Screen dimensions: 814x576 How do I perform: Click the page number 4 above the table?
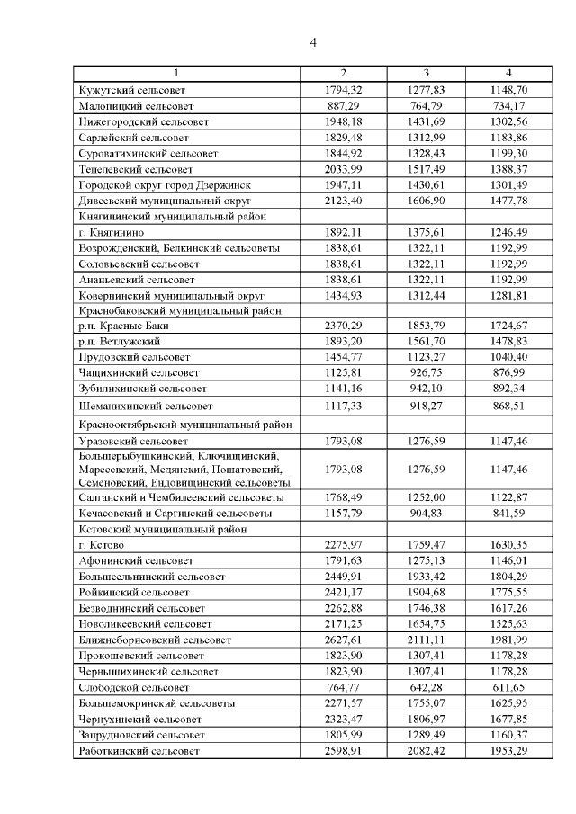(x=313, y=42)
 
